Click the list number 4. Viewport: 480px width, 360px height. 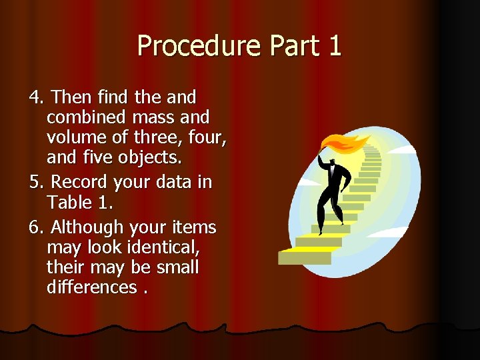pos(35,97)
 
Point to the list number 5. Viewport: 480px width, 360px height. pos(35,182)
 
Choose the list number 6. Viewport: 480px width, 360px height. pos(35,227)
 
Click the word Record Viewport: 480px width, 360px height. pos(81,182)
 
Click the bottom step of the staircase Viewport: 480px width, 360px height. pos(305,256)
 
